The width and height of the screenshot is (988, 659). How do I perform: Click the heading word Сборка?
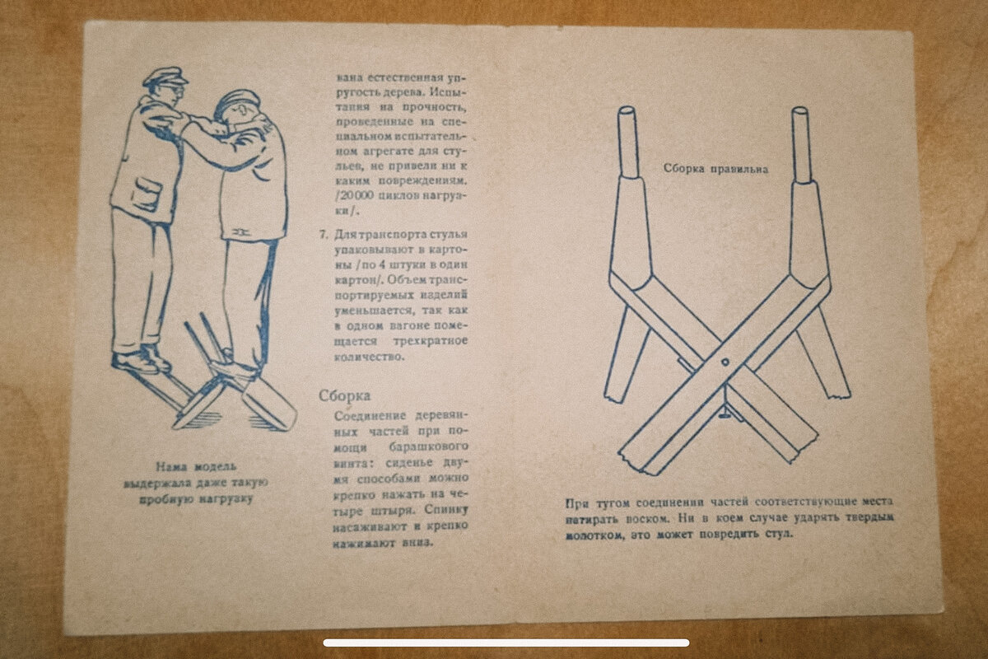point(344,395)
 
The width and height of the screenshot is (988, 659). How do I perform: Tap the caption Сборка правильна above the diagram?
point(715,169)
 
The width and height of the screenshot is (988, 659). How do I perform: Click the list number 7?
point(324,234)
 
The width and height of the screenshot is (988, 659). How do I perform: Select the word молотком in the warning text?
point(595,535)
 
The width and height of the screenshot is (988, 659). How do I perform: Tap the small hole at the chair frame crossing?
point(725,362)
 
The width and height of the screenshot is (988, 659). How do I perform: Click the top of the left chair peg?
point(627,110)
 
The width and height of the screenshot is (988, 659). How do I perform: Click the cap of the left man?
point(165,77)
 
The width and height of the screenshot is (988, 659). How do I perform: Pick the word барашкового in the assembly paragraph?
point(428,446)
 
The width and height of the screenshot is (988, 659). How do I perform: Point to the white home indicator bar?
point(506,643)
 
